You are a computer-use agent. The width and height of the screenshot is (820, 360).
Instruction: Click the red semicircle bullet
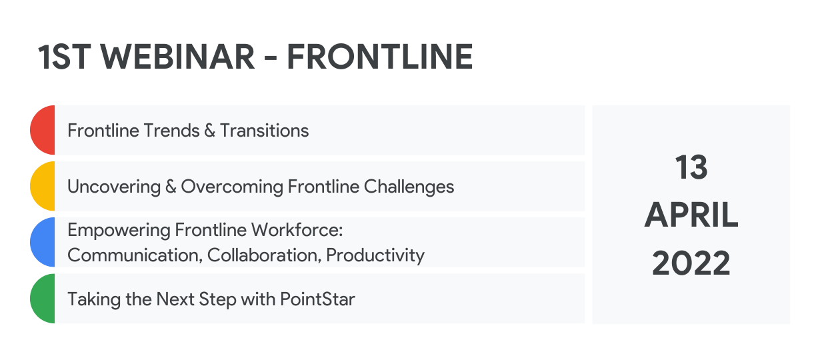coord(43,130)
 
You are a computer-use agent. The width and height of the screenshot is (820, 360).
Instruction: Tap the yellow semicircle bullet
coord(43,186)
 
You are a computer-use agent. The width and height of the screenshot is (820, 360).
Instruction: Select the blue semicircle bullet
coord(43,242)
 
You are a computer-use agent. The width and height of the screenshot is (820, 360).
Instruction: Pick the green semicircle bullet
coord(43,299)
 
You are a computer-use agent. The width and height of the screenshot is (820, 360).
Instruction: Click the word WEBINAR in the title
coord(177,57)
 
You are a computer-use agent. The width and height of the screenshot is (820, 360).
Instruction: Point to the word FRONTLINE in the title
coord(380,57)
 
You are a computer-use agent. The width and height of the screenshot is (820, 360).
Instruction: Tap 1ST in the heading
coord(65,57)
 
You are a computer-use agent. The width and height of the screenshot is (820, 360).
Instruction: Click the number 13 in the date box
coord(691,167)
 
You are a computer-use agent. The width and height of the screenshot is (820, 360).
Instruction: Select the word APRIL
coord(691,215)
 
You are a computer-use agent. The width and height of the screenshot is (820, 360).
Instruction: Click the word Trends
coord(171,131)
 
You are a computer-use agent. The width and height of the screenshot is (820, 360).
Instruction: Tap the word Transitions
coord(264,131)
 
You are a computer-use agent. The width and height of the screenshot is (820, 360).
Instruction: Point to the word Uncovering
coord(114,187)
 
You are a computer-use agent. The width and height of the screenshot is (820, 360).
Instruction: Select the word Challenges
coord(409,187)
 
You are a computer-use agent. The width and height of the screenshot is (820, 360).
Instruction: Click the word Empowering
coord(119,231)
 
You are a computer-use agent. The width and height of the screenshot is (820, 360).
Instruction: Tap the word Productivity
coord(375,255)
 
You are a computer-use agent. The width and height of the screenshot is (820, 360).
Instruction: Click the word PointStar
coord(318,299)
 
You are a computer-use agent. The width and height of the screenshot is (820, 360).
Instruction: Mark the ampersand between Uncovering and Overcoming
coord(171,187)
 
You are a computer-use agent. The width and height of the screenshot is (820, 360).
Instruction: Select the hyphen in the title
coord(271,58)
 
